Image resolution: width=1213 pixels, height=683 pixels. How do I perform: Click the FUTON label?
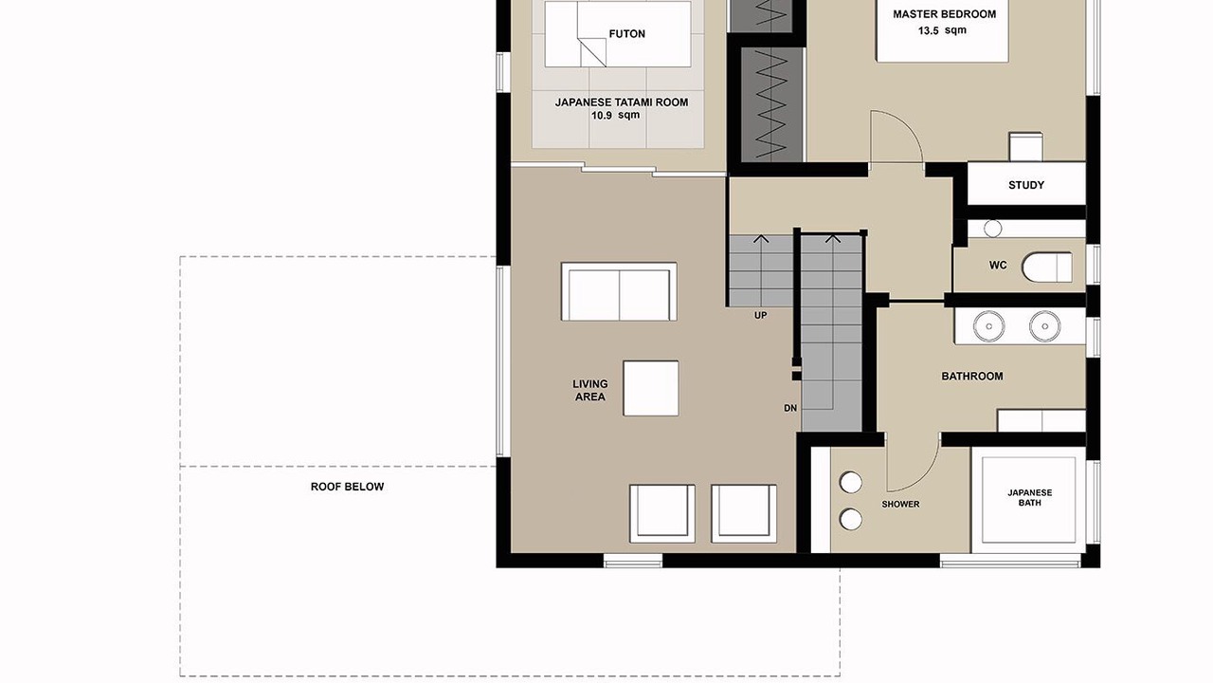click(x=626, y=33)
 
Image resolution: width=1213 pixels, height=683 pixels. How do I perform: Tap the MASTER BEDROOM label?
click(x=945, y=14)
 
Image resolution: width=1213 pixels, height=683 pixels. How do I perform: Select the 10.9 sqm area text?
click(x=615, y=115)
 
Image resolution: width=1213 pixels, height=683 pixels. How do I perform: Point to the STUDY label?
click(x=1026, y=185)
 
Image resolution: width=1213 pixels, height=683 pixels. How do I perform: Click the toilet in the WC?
click(x=1047, y=268)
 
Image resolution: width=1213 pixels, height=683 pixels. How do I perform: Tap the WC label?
click(x=998, y=265)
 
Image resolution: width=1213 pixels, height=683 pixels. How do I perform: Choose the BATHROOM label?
click(x=972, y=376)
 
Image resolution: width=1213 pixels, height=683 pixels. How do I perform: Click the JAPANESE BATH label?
click(x=1029, y=498)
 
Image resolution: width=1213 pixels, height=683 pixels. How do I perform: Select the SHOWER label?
click(x=900, y=504)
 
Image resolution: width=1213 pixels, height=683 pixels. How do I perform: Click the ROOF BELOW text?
click(x=347, y=487)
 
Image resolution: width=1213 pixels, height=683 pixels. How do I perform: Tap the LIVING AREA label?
click(x=590, y=390)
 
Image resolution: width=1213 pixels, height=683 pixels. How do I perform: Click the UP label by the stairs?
click(x=760, y=316)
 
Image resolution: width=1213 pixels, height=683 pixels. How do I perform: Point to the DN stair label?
click(x=790, y=408)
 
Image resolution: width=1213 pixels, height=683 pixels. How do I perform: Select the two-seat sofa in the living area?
click(x=619, y=291)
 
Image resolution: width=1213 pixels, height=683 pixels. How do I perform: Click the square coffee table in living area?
click(x=651, y=389)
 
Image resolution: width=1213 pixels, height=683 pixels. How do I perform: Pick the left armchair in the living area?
click(x=662, y=514)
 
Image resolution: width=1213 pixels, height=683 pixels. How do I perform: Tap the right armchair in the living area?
click(x=744, y=514)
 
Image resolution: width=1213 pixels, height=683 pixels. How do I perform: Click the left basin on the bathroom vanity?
click(x=988, y=326)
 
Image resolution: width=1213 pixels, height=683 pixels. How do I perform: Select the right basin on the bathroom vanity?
click(x=1044, y=326)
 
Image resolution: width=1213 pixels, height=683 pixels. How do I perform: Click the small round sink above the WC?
click(x=992, y=229)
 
